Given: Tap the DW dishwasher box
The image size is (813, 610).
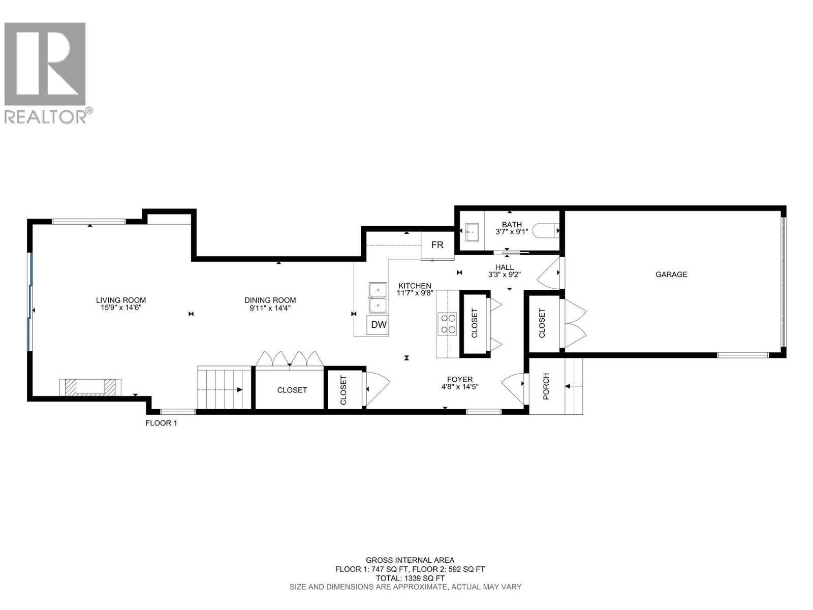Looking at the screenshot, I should tap(379, 325).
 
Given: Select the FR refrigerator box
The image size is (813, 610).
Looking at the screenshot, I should tap(437, 245).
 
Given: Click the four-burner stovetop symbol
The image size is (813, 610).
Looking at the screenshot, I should tap(448, 324).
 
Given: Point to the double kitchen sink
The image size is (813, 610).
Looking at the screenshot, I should tap(378, 298).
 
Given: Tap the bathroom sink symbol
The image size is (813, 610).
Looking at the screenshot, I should tap(472, 231).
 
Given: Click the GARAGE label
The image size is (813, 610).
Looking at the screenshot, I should tap(671, 274).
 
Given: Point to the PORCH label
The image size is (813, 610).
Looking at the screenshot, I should tap(546, 386).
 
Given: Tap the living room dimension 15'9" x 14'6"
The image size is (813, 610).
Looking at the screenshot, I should tap(121, 308).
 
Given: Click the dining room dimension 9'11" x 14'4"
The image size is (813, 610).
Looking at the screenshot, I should tap(269, 308).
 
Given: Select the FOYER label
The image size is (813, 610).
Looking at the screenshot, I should tap(459, 379).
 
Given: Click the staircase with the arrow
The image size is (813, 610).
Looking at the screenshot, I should tap(224, 389).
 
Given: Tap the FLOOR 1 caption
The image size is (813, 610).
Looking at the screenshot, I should tap(161, 423).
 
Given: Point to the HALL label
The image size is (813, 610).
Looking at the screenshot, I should tap(504, 267).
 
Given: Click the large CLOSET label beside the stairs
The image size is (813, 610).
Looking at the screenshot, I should tap(292, 390).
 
